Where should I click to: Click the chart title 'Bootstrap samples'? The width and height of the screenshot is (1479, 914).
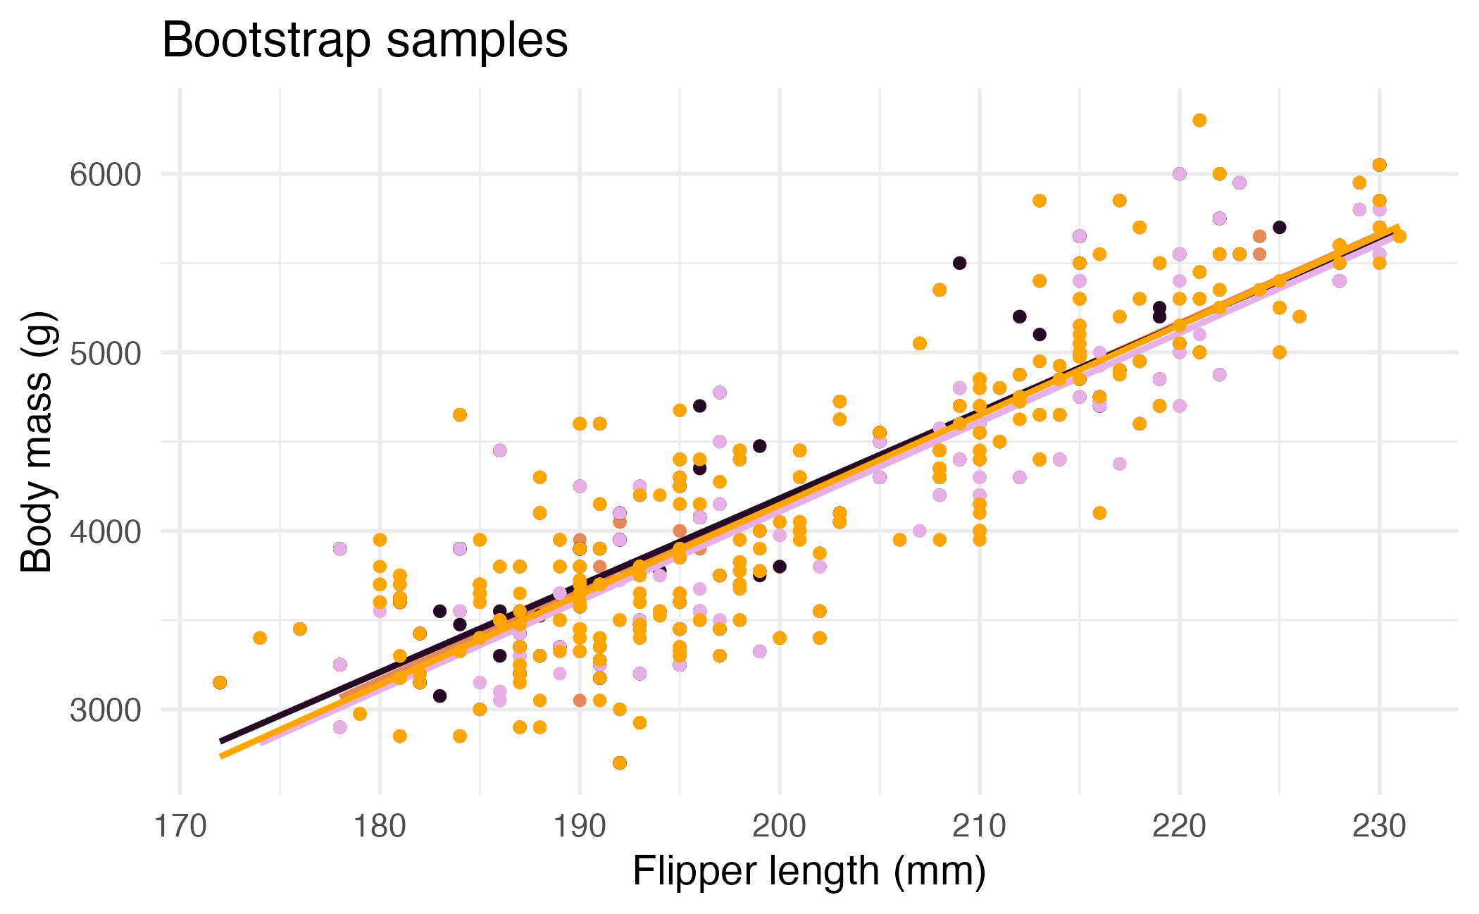[365, 40]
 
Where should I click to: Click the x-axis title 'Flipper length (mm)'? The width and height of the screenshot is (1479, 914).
[809, 872]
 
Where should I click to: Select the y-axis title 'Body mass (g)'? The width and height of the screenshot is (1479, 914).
[37, 442]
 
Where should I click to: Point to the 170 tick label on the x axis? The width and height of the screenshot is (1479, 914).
[180, 826]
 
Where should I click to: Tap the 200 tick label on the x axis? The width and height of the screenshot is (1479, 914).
[779, 826]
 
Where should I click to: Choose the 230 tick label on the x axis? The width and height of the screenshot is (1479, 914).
[1379, 826]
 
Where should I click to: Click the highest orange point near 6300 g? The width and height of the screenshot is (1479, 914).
[1199, 121]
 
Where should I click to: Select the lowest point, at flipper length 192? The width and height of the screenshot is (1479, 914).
[620, 762]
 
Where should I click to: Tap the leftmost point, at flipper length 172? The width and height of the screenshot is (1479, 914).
[220, 682]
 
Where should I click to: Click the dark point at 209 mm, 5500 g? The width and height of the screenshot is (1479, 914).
[959, 263]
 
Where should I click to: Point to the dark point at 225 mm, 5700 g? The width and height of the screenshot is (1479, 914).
[1280, 227]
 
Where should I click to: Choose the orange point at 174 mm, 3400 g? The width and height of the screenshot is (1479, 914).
[260, 638]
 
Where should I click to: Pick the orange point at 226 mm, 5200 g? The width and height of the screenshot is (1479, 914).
[1299, 316]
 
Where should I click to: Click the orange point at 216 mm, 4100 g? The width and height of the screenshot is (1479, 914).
[1099, 513]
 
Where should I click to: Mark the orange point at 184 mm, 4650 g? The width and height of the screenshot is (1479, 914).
[460, 414]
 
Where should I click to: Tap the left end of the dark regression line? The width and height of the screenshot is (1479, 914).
[221, 741]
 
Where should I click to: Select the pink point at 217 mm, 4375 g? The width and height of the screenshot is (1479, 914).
[1120, 464]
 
